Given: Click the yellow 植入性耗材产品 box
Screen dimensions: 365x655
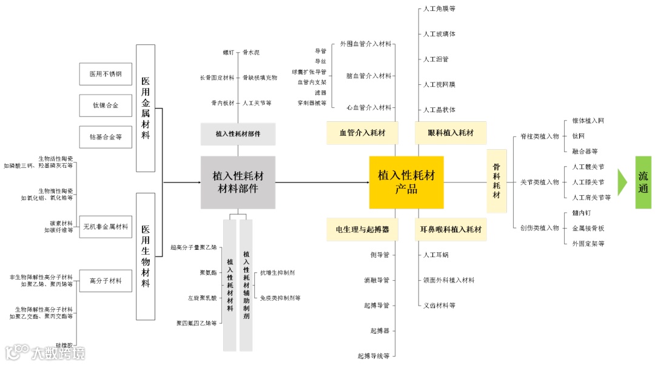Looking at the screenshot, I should tap(406, 182).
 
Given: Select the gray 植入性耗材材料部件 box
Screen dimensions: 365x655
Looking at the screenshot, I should tap(238, 182).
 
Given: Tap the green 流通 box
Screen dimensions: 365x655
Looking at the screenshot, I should tap(643, 182).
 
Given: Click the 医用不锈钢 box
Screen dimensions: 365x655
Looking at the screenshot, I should tap(106, 74).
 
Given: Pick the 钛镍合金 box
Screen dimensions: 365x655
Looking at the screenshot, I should tap(106, 105).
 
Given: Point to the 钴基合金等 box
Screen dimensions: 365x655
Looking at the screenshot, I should tap(106, 137).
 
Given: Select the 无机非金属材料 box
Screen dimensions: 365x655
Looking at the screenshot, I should tap(106, 227).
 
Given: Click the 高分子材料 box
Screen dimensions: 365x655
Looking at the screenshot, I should tap(106, 281).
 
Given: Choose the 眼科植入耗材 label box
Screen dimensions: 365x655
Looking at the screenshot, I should tap(451, 133).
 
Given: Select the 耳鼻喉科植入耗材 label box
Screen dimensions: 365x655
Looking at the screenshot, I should tap(451, 230).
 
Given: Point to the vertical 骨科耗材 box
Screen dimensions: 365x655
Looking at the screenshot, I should tap(497, 181).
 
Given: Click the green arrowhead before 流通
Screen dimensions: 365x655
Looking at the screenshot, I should tap(622, 182).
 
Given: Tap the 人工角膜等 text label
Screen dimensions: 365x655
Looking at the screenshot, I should tap(439, 8).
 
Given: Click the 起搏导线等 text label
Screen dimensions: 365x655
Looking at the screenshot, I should tap(373, 356).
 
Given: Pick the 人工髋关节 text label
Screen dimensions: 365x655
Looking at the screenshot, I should tap(588, 167).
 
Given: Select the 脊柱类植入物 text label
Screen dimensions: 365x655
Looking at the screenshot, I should tap(539, 136).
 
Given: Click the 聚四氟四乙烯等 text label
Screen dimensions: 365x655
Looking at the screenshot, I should tap(196, 323).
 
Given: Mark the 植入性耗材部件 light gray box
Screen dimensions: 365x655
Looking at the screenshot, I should tap(238, 133).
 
